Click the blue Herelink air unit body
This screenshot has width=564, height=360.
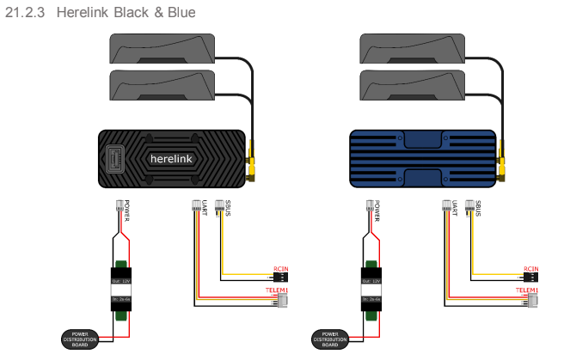tap(421, 159)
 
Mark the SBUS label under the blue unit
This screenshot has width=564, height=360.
tap(478, 209)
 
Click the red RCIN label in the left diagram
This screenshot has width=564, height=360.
tap(280, 269)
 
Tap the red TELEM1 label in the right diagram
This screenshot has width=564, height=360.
tap(527, 291)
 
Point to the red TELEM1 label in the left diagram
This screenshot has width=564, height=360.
tap(274, 291)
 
